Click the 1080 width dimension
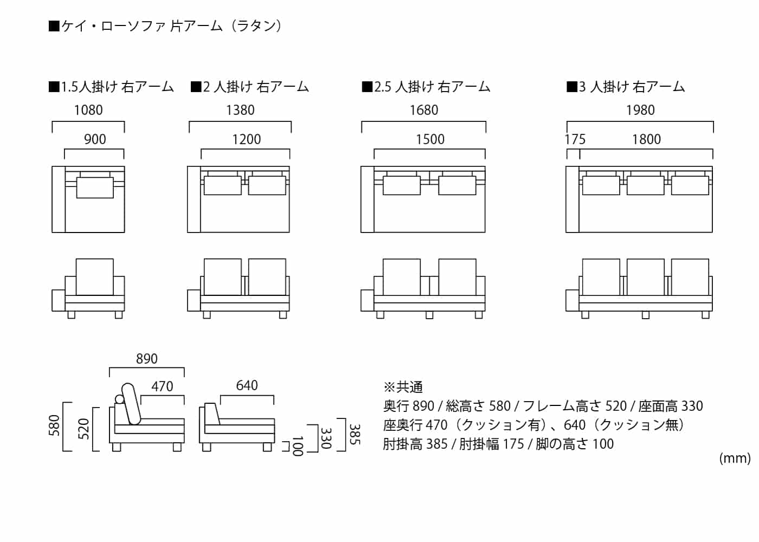88,110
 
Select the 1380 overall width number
240,110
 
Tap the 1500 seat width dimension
430,139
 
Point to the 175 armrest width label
575,139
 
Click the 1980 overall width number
640,110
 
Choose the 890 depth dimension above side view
146,359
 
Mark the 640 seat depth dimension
247,385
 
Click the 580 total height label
55,426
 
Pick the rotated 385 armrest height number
354,434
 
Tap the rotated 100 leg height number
297,446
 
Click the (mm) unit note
735,459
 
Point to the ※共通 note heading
403,387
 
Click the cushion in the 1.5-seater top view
95,186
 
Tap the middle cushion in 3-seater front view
645,276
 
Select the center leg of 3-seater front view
645,315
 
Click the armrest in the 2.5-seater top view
367,199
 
